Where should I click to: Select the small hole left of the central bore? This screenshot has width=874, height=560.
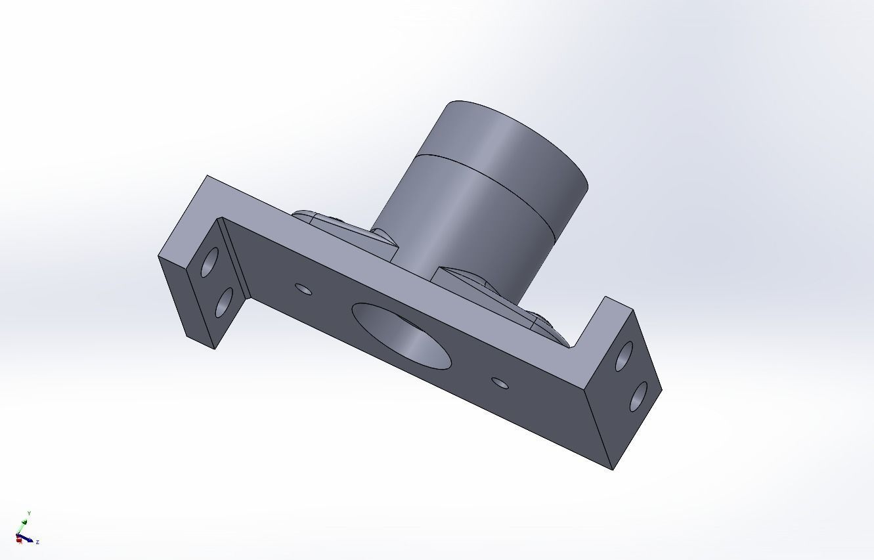303,289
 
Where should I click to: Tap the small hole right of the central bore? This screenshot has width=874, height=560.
500,382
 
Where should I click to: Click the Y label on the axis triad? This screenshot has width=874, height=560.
29,513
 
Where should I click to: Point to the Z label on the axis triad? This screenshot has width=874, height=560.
37,542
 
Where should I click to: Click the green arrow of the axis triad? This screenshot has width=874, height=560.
24,525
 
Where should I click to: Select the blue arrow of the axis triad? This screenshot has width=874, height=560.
28,539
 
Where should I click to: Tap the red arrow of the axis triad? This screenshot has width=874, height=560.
19,540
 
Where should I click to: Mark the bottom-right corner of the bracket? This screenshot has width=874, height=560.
613,469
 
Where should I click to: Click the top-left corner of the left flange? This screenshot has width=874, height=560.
208,176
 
